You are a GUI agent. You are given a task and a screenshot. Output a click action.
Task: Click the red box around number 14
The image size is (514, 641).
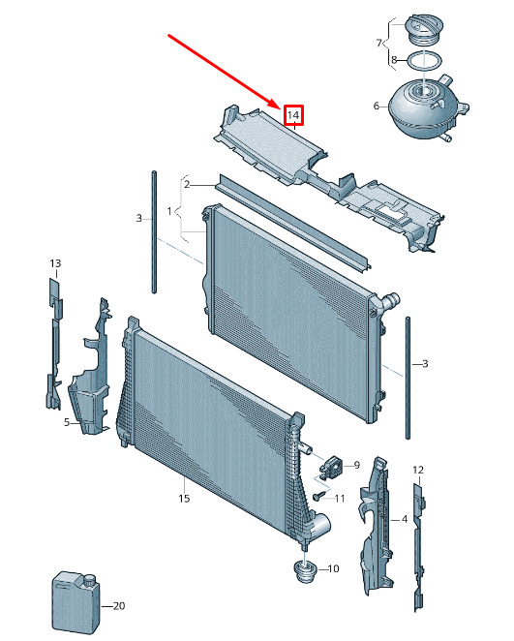click(293, 115)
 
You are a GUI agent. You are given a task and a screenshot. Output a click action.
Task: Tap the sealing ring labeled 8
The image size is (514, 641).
click(425, 62)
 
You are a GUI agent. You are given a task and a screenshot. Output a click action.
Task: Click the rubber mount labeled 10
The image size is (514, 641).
click(306, 570)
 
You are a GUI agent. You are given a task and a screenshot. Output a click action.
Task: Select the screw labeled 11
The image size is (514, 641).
click(320, 496)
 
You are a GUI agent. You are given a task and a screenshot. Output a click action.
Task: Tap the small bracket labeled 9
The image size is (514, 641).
click(331, 466)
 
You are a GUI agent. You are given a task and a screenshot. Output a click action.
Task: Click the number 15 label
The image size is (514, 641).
click(184, 498)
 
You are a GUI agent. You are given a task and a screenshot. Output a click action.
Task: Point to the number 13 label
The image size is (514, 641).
click(55, 263)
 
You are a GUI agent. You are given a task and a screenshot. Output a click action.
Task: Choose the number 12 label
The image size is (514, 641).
click(418, 471)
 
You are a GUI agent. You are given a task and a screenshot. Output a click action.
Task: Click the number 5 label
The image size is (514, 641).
click(67, 422)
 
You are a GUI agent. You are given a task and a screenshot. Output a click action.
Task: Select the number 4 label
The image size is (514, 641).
click(404, 519)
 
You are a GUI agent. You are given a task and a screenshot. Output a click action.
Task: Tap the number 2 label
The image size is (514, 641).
click(187, 184)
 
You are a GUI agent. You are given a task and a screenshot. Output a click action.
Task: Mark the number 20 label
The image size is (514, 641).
click(118, 605)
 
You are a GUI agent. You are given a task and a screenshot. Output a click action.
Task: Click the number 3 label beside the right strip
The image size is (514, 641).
click(425, 363)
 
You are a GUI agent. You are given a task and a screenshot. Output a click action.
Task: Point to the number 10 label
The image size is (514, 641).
click(333, 568)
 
